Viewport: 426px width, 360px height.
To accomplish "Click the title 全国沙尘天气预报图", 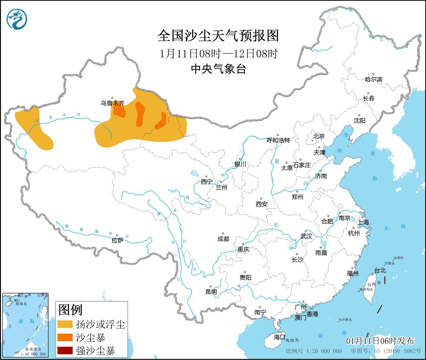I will coord(218,36).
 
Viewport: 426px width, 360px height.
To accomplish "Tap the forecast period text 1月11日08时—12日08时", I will coord(218,53).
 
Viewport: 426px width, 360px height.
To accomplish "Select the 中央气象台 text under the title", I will coord(218,69).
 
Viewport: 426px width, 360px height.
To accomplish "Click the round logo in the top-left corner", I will coord(17,19).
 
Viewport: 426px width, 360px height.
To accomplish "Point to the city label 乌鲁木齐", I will coord(112,103).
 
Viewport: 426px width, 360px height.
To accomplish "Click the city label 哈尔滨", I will coord(373,79).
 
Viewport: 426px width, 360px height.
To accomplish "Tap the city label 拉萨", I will coord(117,240).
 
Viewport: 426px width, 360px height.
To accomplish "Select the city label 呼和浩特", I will coord(278,140).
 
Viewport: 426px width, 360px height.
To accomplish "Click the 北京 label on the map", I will coord(318,136).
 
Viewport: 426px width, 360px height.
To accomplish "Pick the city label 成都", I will coord(223,239).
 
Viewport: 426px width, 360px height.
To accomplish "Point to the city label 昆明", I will coord(211,291).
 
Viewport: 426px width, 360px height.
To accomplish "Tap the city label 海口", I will coord(279,337).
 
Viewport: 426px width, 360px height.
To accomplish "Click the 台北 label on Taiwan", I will coord(380,271).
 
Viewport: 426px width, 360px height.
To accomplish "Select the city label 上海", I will coord(363,222).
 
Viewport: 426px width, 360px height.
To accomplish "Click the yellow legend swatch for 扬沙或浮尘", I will coord(65,324).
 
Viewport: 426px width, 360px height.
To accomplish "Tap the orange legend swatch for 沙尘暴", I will coord(65,337).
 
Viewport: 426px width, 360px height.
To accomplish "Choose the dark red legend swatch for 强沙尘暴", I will coord(65,351).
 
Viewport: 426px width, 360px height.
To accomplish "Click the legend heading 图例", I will coord(70,310).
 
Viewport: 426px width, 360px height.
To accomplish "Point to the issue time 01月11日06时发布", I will coord(380,341).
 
